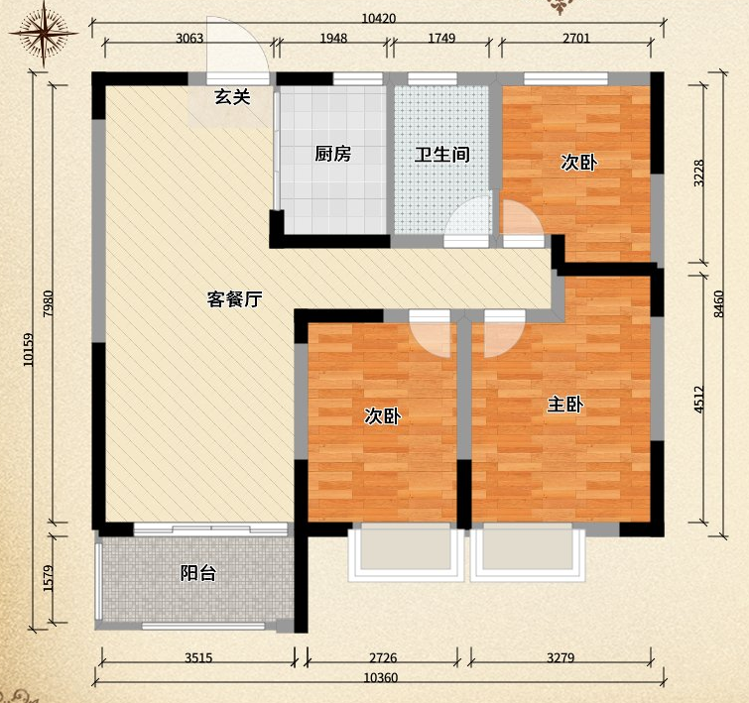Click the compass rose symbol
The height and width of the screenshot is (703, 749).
(x=44, y=34)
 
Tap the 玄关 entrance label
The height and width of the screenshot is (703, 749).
(x=232, y=97)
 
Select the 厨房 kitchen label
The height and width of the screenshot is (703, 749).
(x=333, y=154)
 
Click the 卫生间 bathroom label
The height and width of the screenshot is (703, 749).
(x=441, y=155)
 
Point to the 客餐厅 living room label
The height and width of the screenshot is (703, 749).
(x=234, y=299)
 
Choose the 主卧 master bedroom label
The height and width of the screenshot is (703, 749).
(x=565, y=405)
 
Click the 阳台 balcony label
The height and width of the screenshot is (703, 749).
(x=198, y=573)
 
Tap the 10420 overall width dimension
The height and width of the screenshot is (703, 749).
(x=378, y=18)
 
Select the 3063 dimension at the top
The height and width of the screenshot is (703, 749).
(x=189, y=38)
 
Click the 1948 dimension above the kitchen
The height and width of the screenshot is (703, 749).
(x=333, y=38)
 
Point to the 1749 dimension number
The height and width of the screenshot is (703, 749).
(x=441, y=38)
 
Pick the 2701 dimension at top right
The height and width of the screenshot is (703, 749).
(x=576, y=38)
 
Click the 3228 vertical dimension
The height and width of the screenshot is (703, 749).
(x=698, y=173)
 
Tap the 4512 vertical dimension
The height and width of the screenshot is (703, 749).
(x=698, y=400)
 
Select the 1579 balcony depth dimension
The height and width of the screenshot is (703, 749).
(x=49, y=578)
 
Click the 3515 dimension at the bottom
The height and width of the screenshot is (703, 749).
(x=198, y=657)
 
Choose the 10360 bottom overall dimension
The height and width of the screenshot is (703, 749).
(x=380, y=677)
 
